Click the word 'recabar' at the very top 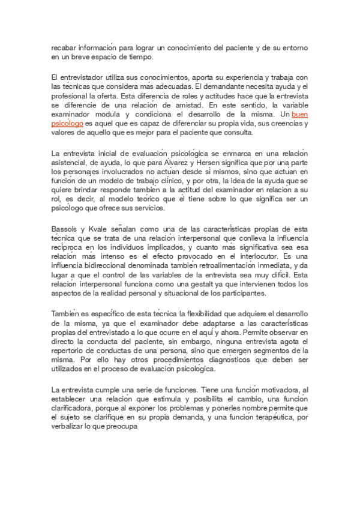(x=62, y=46)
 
